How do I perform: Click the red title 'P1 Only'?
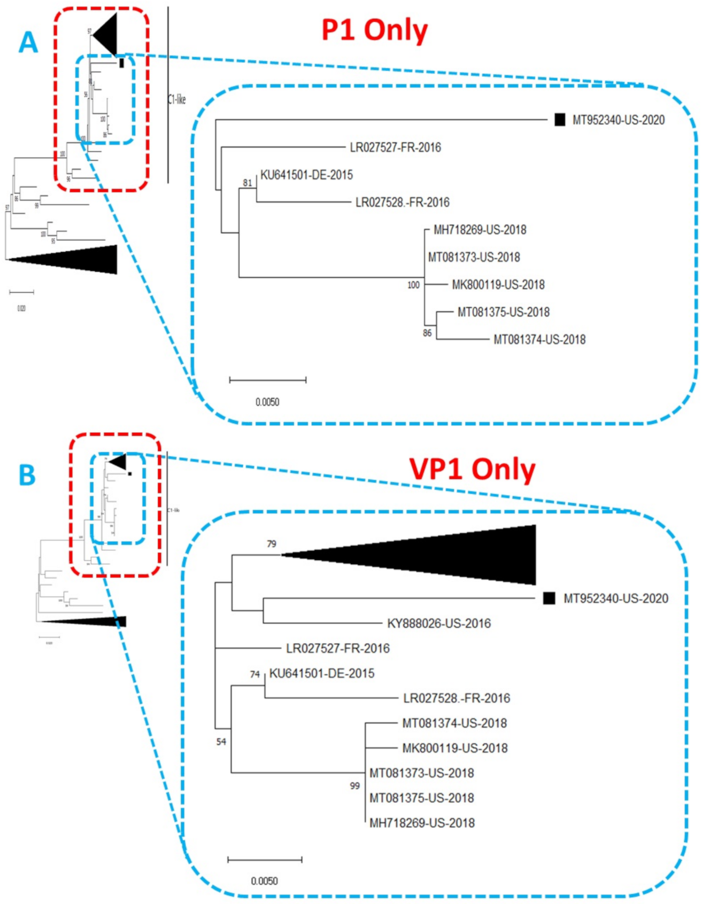point(374,30)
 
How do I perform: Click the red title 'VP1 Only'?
point(472,469)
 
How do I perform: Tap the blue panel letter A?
point(28,42)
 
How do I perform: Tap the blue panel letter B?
point(27,475)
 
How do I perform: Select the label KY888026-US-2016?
point(438,623)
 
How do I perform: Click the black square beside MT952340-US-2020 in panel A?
point(559,120)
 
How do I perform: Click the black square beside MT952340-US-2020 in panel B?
point(549,598)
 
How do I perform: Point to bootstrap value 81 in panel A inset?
point(247,183)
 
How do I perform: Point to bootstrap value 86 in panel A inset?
point(427,333)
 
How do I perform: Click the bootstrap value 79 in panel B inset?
point(272,544)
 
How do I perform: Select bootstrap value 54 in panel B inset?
point(221,742)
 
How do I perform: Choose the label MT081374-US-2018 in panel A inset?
point(539,339)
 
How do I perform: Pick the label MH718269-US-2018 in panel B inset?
point(422,823)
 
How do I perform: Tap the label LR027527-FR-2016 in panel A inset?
point(395,147)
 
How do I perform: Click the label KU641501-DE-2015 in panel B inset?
point(321,673)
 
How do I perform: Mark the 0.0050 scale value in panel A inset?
point(267,402)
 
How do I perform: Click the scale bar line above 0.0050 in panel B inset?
point(265,859)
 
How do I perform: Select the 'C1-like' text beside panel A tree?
point(177,99)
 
